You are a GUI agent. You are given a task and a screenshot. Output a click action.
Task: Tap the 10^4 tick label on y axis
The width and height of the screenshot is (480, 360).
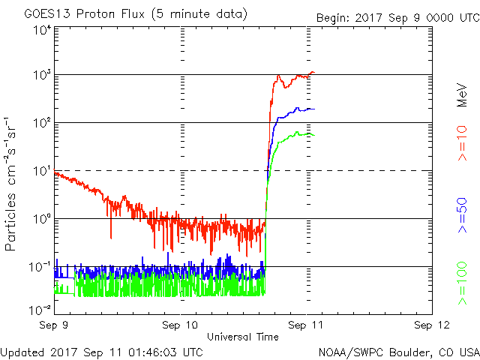coord(41,30)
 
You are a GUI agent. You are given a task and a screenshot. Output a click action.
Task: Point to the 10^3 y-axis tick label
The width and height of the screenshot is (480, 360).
coord(41,76)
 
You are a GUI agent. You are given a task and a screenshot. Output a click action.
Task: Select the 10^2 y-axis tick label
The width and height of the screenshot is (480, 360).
coord(41,124)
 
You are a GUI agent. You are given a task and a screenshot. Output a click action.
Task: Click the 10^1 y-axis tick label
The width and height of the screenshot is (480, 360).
coord(41,172)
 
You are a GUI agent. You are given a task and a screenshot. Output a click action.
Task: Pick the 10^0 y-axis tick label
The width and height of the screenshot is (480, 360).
coord(41,220)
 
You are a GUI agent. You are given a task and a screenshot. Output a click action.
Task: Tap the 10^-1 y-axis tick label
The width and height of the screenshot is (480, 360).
coord(40,268)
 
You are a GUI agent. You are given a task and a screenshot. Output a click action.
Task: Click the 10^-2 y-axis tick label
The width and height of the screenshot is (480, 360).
coord(40,310)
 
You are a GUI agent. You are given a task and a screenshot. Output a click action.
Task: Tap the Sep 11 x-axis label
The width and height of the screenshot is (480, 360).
coord(306,325)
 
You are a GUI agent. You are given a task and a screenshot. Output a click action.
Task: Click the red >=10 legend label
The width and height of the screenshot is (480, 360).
coord(463,143)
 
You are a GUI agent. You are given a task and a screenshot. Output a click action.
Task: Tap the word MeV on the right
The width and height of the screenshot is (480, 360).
coord(463,94)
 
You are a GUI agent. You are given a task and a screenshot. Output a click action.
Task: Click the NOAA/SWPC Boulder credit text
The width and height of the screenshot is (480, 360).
coord(398,352)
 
